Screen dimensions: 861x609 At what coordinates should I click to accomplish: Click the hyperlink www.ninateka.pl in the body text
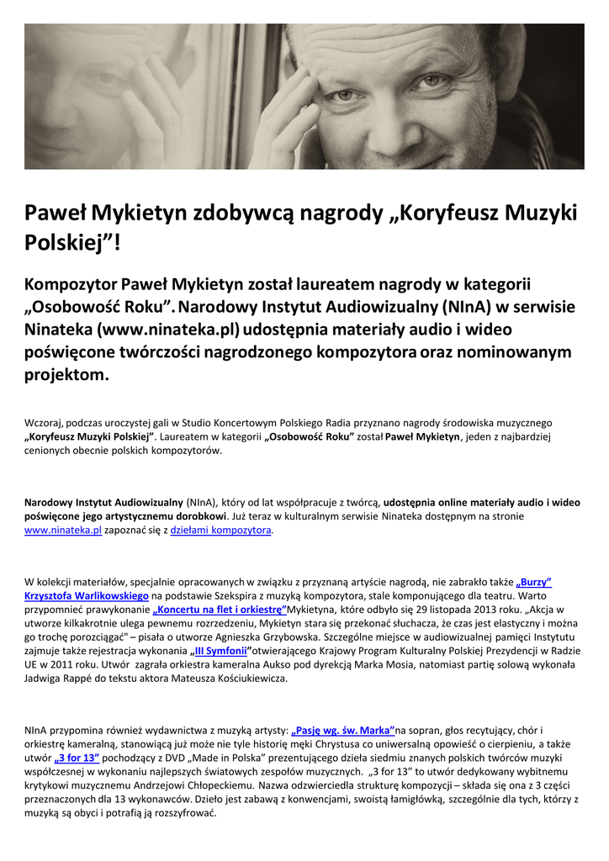(63, 531)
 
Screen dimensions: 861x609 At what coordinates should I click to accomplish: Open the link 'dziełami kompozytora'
(220, 531)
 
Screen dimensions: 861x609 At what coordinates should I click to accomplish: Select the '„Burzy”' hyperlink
(534, 581)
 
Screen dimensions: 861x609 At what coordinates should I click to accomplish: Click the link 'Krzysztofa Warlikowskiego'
(87, 595)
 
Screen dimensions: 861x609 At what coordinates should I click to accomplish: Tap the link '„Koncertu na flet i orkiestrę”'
(220, 609)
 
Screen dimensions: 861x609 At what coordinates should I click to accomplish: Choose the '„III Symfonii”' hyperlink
(219, 651)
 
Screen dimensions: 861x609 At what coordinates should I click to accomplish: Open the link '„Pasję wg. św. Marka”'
(343, 731)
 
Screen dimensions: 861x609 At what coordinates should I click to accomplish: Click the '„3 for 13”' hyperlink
(77, 758)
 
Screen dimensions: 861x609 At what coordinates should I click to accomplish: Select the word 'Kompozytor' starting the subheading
(71, 285)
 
